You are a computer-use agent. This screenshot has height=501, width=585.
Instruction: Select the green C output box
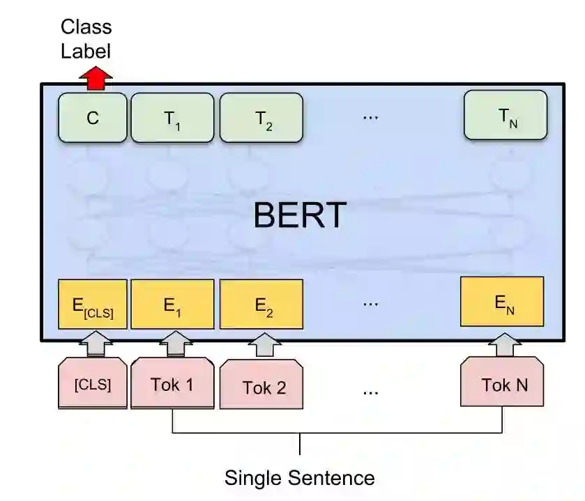click(93, 118)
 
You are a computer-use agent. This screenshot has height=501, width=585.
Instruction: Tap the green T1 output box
click(172, 118)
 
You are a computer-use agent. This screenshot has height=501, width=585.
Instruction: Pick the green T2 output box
click(261, 118)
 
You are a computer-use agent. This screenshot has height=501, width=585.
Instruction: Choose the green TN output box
click(506, 116)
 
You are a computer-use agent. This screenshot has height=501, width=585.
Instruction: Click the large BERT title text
click(299, 215)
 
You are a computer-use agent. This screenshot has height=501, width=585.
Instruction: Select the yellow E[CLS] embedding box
click(93, 304)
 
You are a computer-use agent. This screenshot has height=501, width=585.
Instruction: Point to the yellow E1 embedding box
click(172, 304)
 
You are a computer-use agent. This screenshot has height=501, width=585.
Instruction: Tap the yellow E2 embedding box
click(261, 304)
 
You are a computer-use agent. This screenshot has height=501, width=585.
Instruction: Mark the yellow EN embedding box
click(502, 301)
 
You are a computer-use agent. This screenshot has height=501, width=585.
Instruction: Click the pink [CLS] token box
click(93, 383)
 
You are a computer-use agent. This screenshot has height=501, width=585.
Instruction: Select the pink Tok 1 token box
click(172, 383)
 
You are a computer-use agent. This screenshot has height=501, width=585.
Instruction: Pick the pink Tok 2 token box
click(263, 385)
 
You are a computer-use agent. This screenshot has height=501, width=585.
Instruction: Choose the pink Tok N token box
click(503, 383)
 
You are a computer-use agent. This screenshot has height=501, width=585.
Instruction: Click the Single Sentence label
click(299, 478)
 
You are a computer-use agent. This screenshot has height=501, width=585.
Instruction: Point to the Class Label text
click(86, 39)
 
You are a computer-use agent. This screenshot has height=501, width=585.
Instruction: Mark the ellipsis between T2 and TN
click(370, 117)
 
